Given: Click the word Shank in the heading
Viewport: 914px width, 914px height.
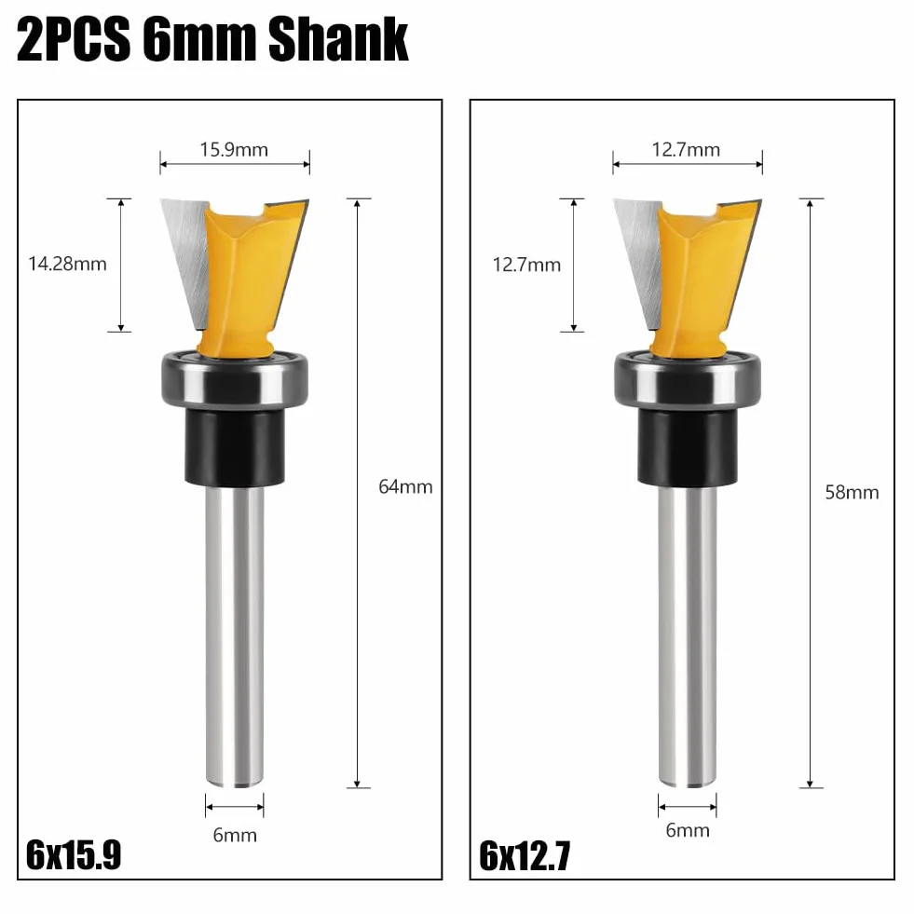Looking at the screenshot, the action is coord(338,39).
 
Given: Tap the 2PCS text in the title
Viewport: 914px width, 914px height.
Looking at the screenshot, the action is coord(74,39).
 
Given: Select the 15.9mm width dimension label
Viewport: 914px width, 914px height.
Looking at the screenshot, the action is coord(235,150).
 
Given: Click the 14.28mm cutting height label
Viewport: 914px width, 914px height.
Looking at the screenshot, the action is coord(68,264).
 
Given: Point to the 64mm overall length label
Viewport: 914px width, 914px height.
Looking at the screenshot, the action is coord(405,486).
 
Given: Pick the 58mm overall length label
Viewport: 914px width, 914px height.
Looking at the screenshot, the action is coord(853,493).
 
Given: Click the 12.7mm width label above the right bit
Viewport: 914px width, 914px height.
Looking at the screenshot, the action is coord(686,150).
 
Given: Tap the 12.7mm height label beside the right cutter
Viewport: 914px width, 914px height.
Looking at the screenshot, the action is coord(527,266).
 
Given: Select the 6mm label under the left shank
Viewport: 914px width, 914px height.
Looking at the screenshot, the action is coord(235,836).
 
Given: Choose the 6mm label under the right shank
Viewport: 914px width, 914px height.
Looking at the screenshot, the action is coord(688,830).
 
